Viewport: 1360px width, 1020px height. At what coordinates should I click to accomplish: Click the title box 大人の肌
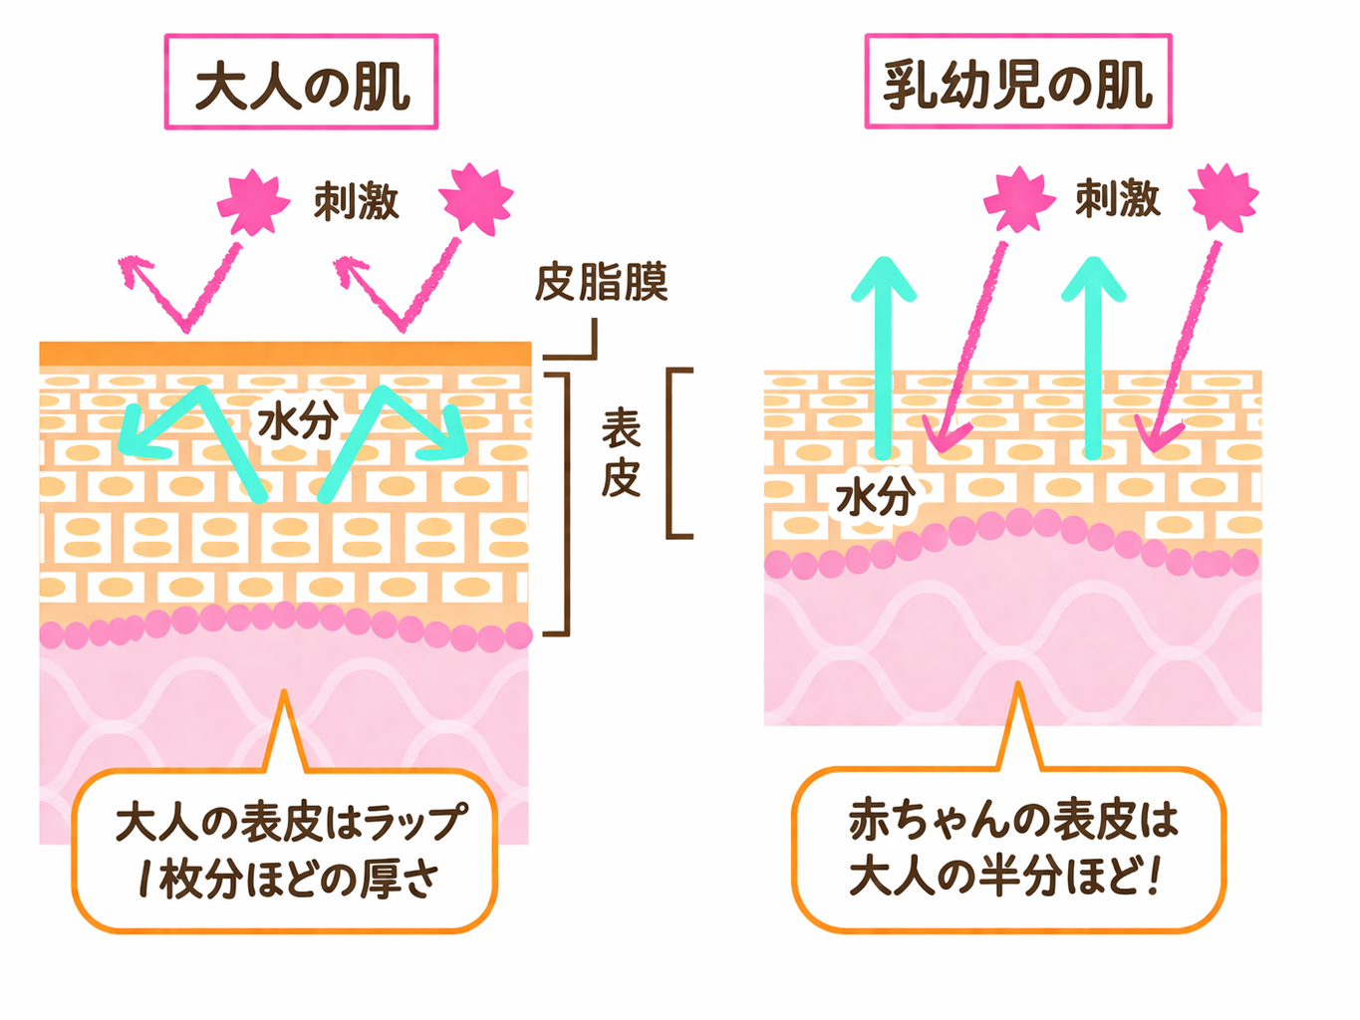click(x=301, y=83)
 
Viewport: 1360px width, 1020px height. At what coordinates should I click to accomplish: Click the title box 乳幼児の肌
click(x=1017, y=83)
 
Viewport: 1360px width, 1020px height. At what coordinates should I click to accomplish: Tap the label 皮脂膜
click(x=601, y=283)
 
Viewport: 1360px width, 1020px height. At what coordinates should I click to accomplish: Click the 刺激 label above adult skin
click(x=356, y=202)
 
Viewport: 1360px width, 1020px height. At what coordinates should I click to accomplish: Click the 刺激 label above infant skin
click(x=1117, y=199)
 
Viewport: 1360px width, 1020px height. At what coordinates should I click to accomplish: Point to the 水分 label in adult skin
click(x=296, y=421)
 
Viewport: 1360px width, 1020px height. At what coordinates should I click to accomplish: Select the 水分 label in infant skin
click(x=874, y=495)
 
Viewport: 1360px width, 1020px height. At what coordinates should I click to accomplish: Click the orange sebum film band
click(x=285, y=354)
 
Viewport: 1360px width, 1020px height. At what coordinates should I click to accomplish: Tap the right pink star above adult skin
click(x=477, y=198)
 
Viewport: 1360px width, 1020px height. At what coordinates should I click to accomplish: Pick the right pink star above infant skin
click(x=1224, y=196)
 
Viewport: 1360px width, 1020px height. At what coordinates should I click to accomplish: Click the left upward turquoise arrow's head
click(x=883, y=279)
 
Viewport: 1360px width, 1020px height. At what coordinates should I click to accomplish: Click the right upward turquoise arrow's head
click(x=1093, y=279)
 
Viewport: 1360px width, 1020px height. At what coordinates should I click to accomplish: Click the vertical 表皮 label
click(x=620, y=454)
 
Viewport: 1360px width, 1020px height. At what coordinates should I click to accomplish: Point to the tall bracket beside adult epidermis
click(x=565, y=503)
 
